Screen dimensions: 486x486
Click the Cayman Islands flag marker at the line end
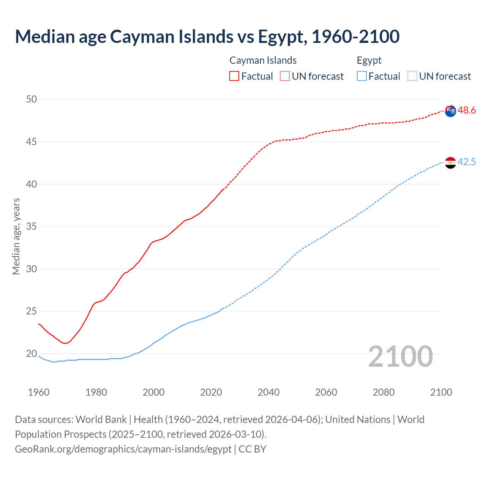click(x=450, y=111)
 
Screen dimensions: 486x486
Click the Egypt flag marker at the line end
click(x=450, y=163)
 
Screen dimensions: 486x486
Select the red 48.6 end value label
click(x=467, y=110)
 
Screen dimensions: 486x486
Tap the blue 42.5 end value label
click(x=467, y=162)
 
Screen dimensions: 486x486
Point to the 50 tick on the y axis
click(x=32, y=99)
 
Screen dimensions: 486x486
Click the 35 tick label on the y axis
click(x=32, y=227)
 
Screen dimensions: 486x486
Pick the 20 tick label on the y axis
click(x=32, y=354)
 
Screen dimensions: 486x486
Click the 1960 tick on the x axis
click(x=39, y=392)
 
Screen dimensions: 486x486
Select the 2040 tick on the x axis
click(x=268, y=392)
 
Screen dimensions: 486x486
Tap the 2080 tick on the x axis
click(x=383, y=392)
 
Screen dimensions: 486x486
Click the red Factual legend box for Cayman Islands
click(x=234, y=76)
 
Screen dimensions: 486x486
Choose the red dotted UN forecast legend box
click(x=285, y=76)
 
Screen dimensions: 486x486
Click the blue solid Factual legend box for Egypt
click(x=362, y=76)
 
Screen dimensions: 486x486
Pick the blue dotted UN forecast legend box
click(x=412, y=76)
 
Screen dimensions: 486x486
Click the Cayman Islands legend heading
click(x=263, y=60)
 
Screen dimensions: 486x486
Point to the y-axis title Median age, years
click(x=16, y=236)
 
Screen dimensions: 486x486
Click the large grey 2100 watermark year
click(x=400, y=356)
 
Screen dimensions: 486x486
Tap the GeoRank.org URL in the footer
click(x=123, y=449)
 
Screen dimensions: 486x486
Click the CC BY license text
click(x=252, y=449)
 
